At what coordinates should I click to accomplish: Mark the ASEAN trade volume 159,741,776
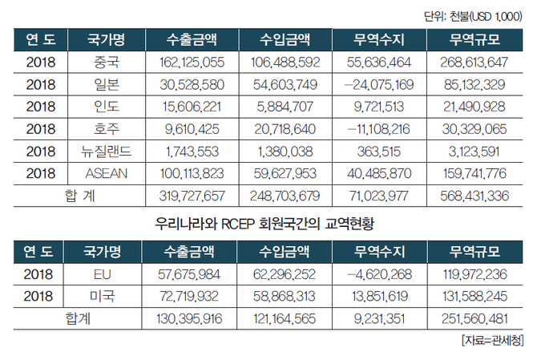(473, 171)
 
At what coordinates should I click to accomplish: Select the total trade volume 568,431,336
(473, 193)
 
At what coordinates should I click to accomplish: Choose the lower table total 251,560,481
(473, 318)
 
